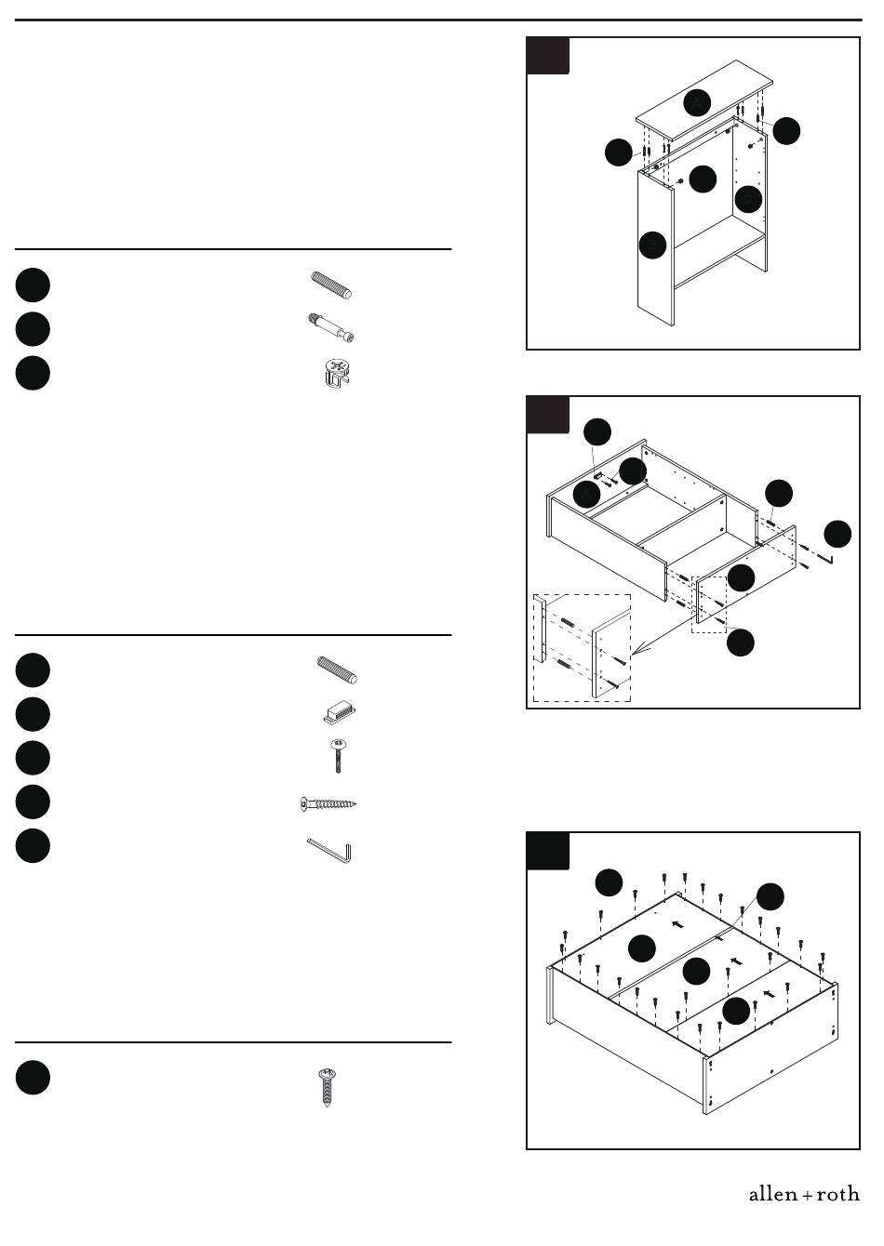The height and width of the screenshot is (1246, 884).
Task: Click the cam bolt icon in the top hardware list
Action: click(x=331, y=328)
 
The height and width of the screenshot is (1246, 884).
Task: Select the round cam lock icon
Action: click(x=338, y=373)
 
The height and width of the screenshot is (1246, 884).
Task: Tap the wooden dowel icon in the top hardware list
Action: click(x=332, y=285)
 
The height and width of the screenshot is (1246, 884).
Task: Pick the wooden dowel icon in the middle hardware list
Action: click(x=337, y=669)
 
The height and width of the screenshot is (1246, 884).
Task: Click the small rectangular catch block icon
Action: click(x=340, y=712)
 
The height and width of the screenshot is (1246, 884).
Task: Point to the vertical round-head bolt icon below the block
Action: click(x=338, y=756)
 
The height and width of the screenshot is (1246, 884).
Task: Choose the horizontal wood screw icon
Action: click(x=328, y=803)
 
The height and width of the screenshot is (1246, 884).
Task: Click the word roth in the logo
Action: click(x=837, y=1194)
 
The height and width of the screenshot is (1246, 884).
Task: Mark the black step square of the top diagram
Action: click(x=548, y=56)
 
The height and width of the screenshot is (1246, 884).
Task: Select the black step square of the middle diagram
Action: click(x=548, y=415)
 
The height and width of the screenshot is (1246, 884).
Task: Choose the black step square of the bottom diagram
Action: click(x=548, y=851)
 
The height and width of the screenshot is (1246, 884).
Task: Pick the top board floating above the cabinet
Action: click(x=704, y=100)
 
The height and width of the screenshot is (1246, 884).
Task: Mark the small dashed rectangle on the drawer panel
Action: click(x=709, y=604)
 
